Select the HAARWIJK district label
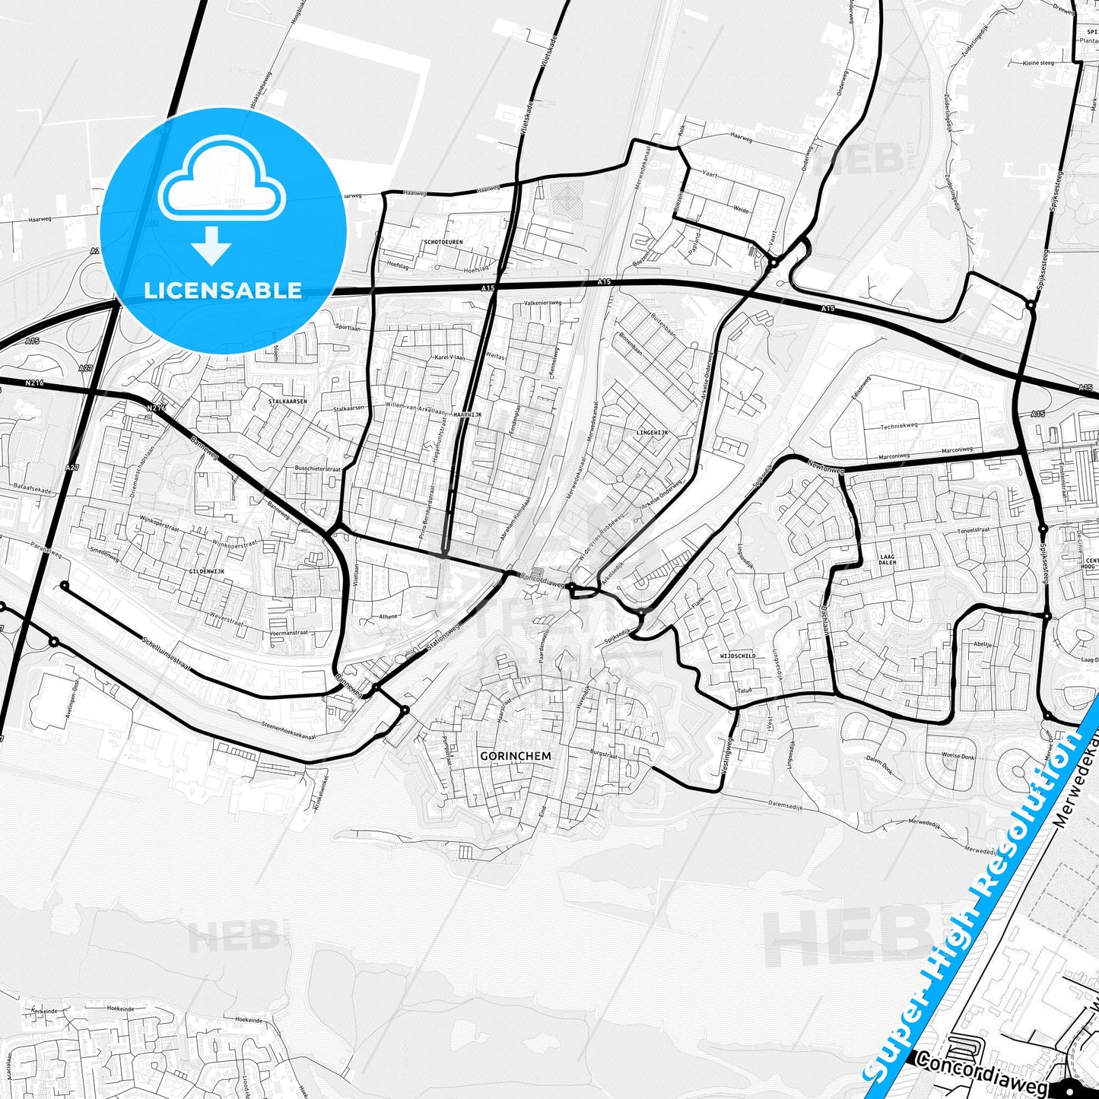tap(468, 415)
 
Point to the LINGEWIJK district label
tap(651, 432)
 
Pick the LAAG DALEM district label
tap(888, 560)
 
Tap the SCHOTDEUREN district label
tap(443, 242)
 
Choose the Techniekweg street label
tap(900, 427)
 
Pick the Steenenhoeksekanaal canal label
tap(288, 731)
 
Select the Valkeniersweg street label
tap(542, 303)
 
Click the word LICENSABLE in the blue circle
tap(223, 290)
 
